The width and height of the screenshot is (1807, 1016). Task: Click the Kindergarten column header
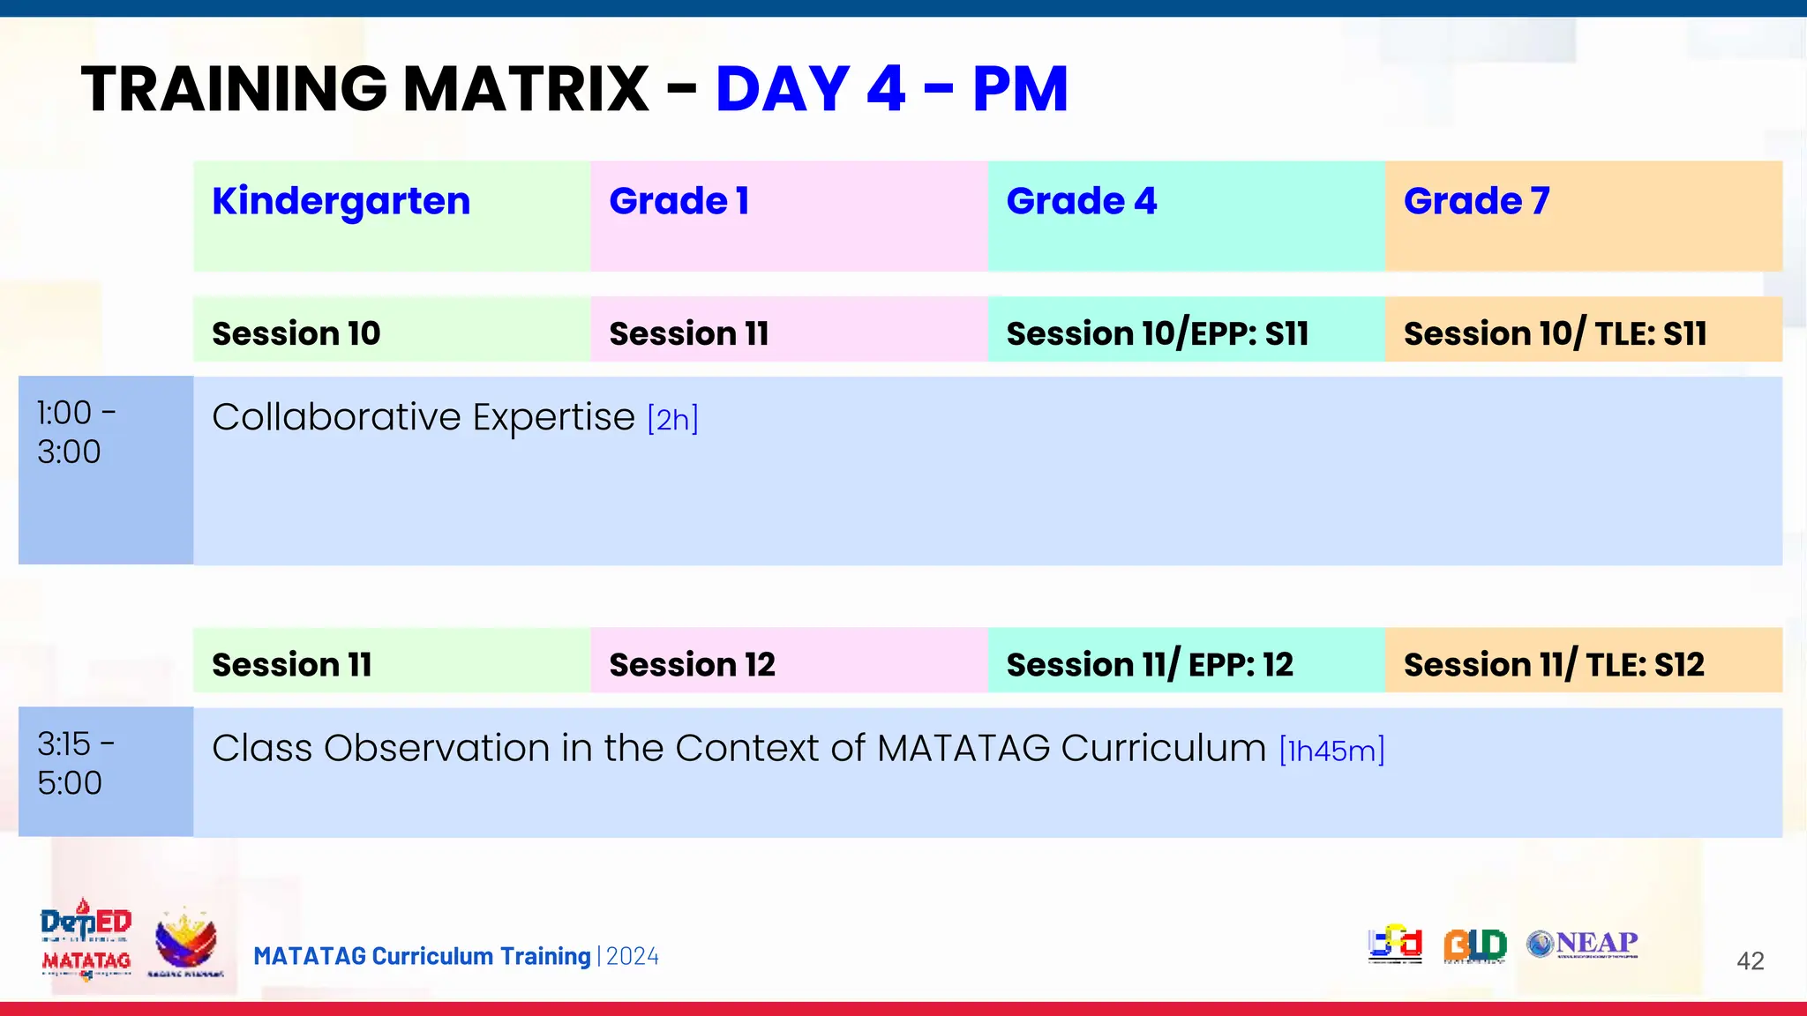point(341,202)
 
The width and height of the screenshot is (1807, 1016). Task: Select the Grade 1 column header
point(679,202)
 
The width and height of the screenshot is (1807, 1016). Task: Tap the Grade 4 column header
point(1081,202)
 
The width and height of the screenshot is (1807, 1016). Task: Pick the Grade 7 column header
point(1476,202)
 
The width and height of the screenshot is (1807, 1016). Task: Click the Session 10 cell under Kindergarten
point(296,333)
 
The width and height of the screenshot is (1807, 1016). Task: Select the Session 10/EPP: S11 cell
point(1157,333)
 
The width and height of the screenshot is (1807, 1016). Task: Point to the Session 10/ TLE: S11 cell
point(1555,333)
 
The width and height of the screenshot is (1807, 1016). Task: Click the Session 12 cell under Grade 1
point(692,664)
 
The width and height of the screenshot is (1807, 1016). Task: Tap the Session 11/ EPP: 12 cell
point(1149,664)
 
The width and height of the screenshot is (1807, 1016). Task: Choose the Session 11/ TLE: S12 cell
point(1553,664)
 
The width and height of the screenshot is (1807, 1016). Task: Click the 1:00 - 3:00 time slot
point(77,432)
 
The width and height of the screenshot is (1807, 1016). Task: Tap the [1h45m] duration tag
point(1331,751)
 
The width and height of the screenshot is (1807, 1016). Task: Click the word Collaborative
point(335,417)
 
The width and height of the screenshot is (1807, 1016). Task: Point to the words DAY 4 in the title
point(810,89)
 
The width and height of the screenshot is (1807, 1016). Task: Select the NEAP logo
point(1583,944)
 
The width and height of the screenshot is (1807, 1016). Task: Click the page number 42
point(1750,960)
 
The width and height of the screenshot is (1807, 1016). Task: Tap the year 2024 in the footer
point(633,956)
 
